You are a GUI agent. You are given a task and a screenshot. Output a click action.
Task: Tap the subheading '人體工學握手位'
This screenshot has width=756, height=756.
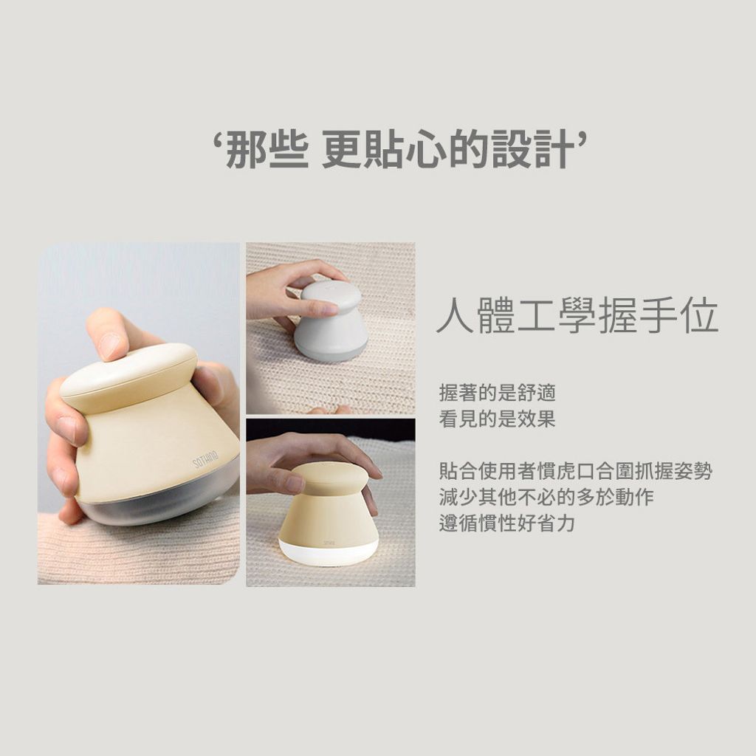click(x=577, y=316)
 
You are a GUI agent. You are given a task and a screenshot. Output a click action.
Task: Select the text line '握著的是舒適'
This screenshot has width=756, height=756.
click(x=497, y=393)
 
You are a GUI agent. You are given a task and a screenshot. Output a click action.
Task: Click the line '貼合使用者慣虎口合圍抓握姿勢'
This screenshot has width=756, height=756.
click(x=576, y=471)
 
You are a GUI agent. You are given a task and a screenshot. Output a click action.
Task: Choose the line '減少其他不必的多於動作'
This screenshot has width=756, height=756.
click(x=546, y=497)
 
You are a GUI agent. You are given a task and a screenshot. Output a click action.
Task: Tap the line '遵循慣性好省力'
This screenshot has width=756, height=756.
click(x=506, y=523)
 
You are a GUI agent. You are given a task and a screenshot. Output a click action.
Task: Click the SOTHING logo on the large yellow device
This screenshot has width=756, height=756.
click(x=206, y=459)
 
